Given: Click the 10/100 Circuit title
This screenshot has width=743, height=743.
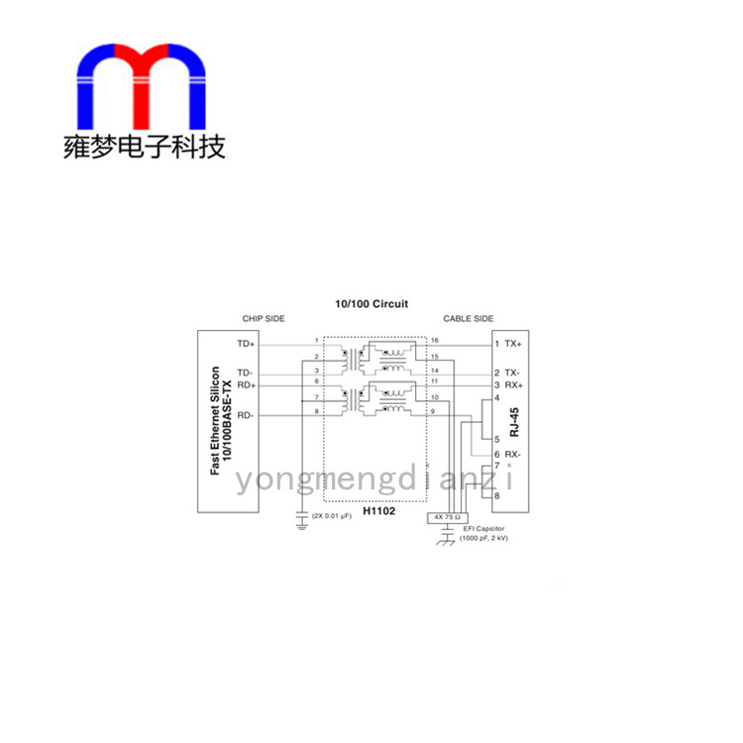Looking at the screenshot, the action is point(371,304).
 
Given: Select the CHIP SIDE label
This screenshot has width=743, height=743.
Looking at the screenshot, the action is point(264,319).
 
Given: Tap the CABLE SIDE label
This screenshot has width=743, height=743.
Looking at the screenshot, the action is point(468,319).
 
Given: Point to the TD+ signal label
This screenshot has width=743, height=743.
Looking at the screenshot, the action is point(246,343).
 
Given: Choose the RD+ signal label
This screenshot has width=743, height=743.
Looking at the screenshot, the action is point(246,384).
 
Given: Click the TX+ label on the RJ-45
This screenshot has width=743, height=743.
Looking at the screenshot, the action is point(512,344).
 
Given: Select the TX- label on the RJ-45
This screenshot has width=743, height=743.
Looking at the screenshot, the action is point(512,372).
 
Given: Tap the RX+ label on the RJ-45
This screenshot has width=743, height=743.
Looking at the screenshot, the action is point(512,384).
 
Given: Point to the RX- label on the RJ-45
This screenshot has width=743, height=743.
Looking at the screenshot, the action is point(512,454).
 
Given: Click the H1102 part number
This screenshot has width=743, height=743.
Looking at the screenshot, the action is point(377,511).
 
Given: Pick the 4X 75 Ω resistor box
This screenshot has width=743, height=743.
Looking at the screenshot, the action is point(446,517).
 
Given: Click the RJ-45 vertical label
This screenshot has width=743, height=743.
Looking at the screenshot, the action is point(514,421).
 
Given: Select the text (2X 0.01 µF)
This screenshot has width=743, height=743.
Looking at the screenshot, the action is point(333,516).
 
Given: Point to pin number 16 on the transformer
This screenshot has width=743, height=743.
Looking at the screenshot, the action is point(434,341).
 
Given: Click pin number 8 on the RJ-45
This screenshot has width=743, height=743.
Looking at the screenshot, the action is point(496,495).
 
